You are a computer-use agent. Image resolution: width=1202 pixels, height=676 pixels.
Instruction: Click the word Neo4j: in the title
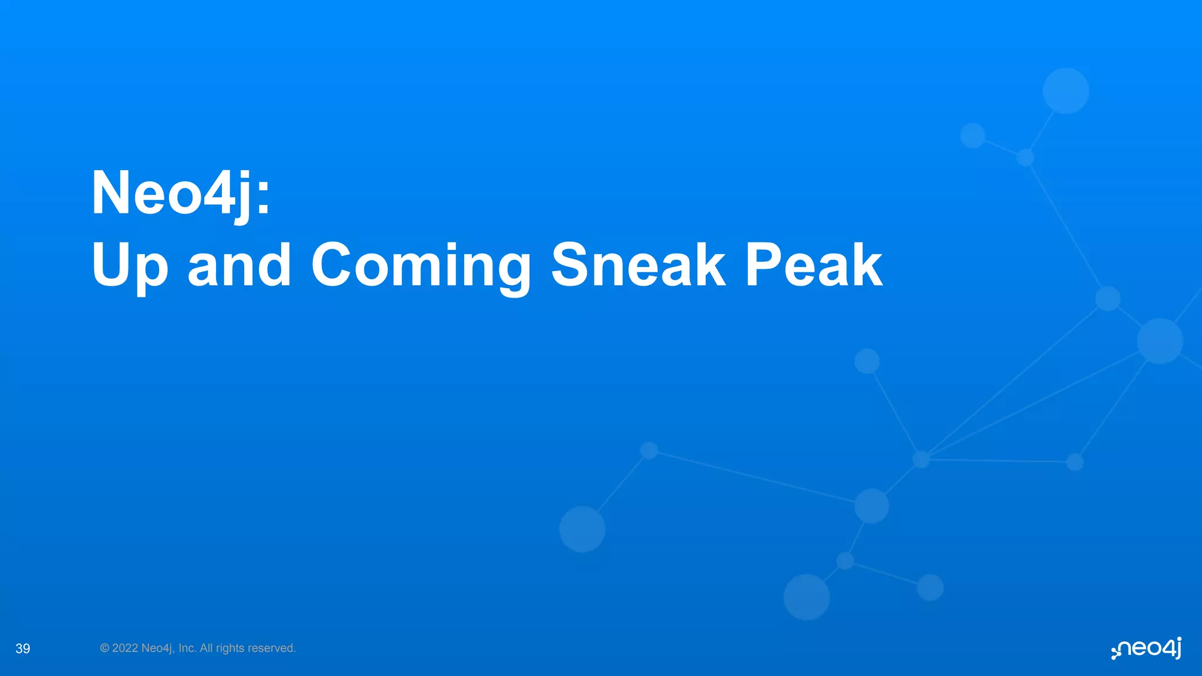tap(181, 194)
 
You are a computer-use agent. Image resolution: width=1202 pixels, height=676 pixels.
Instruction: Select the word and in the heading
tap(239, 265)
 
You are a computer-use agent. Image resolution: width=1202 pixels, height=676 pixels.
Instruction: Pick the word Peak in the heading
tap(813, 265)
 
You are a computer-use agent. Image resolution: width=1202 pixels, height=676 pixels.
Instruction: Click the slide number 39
tap(23, 648)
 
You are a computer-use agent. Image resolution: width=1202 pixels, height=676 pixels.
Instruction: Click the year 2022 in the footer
tap(125, 648)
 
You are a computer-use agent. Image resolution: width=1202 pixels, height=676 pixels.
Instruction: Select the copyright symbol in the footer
tap(104, 648)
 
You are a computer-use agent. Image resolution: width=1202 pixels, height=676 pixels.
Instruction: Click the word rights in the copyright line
tap(230, 648)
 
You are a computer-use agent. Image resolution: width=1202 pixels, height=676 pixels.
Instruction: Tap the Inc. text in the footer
tap(187, 648)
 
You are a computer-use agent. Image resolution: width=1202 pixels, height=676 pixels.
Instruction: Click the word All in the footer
tap(207, 648)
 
